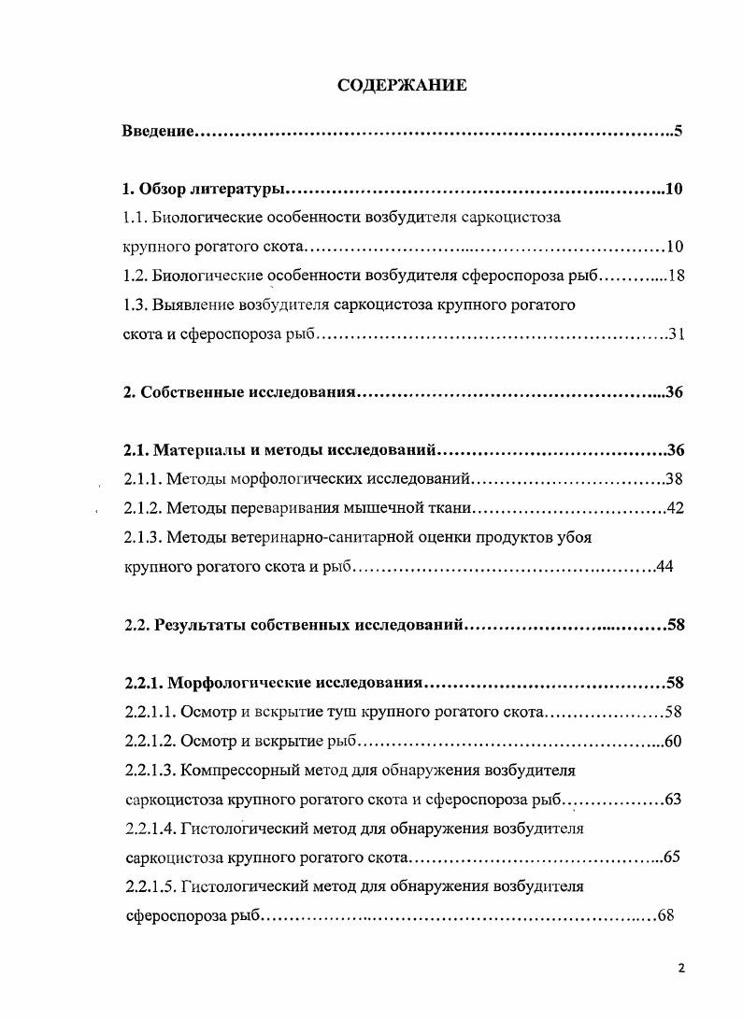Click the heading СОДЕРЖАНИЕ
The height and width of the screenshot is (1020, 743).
click(401, 86)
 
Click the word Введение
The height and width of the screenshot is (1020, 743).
click(158, 131)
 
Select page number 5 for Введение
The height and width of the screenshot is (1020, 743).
click(679, 131)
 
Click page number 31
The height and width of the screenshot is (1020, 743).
click(677, 334)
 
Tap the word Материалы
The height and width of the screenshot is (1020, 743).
click(195, 450)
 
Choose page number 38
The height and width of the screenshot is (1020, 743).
click(676, 480)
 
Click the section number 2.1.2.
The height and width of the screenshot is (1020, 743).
click(143, 509)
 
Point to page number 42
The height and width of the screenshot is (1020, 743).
click(676, 509)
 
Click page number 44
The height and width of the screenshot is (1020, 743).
click(664, 567)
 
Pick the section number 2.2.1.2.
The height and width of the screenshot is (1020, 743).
click(150, 742)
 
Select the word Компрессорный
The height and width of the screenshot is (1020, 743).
click(239, 771)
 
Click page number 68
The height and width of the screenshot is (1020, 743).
click(665, 915)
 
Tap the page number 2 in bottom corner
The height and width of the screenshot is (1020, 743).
click(681, 969)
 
